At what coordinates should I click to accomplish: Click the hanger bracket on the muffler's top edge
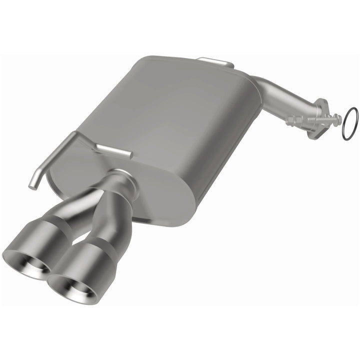(x=215, y=62)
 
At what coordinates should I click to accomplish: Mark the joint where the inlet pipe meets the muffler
(x=257, y=82)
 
